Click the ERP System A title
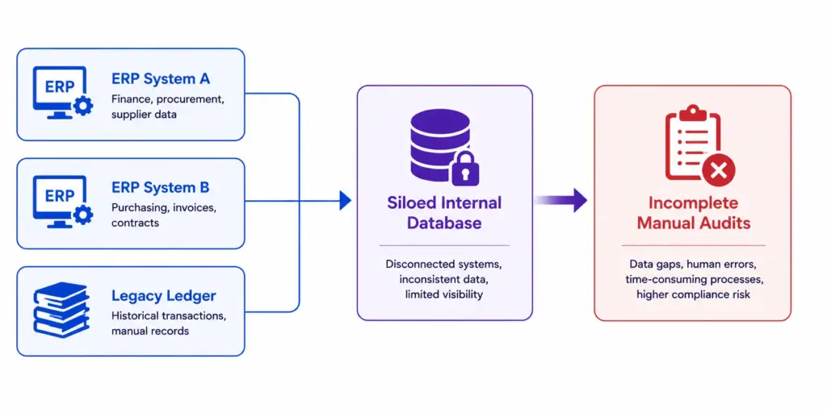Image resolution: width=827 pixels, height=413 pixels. [161, 79]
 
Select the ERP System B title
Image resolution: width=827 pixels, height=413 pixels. [161, 187]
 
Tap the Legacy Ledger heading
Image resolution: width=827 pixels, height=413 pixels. [163, 296]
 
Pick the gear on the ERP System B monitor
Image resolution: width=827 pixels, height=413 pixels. [83, 215]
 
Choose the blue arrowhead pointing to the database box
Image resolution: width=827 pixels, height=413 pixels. [345, 200]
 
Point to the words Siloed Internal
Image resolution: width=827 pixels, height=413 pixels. [445, 202]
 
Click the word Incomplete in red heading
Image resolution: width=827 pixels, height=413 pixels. [693, 202]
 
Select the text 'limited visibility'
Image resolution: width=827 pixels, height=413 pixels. [444, 294]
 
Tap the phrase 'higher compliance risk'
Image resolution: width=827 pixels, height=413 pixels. [693, 294]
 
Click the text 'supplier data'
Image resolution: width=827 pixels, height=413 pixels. [144, 115]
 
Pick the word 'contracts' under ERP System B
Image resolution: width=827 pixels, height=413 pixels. [135, 223]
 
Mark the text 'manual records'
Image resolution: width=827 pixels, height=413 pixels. [150, 332]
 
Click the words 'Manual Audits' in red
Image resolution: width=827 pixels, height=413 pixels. [693, 223]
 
